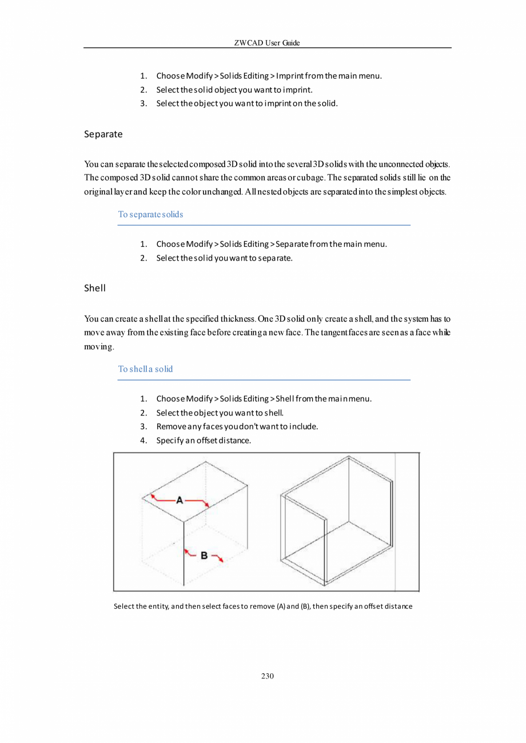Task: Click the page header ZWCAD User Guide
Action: [268, 43]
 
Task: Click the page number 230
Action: [268, 677]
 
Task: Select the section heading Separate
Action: [103, 134]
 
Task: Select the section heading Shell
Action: [95, 288]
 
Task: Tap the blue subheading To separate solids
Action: [150, 215]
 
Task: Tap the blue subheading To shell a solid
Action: [145, 369]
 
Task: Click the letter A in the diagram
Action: [180, 500]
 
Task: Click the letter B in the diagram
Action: [203, 554]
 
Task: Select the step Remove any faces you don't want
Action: [237, 426]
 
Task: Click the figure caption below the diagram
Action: [263, 606]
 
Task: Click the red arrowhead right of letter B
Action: [221, 560]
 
